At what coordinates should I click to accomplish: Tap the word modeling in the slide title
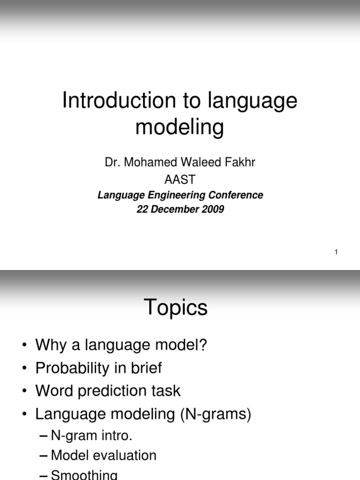click(x=180, y=127)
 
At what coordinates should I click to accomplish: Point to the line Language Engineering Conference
click(x=180, y=195)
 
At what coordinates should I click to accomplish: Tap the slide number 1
click(x=336, y=253)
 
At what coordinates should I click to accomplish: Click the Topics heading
click(x=176, y=308)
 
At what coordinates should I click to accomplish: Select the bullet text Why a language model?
click(x=121, y=345)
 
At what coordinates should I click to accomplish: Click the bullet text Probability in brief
click(x=98, y=368)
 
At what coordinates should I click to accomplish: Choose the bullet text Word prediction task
click(x=108, y=390)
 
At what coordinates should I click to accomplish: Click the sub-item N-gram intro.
click(x=91, y=435)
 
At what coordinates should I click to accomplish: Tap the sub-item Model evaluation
click(x=104, y=455)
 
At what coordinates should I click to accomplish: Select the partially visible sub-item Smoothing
click(x=84, y=474)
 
